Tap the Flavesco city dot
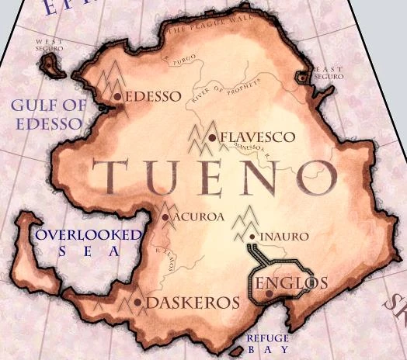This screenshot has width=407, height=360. pyautogui.click(x=212, y=137)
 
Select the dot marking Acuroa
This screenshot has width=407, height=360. pyautogui.click(x=165, y=217)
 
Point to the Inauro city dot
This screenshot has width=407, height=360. pyautogui.click(x=253, y=236)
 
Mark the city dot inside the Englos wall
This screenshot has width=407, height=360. pyautogui.click(x=268, y=294)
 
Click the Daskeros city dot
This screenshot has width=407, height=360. pyautogui.click(x=137, y=302)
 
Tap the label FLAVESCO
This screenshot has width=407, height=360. pyautogui.click(x=257, y=137)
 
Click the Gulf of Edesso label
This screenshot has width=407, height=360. pyautogui.click(x=46, y=115)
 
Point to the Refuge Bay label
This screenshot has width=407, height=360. pyautogui.click(x=267, y=344)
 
